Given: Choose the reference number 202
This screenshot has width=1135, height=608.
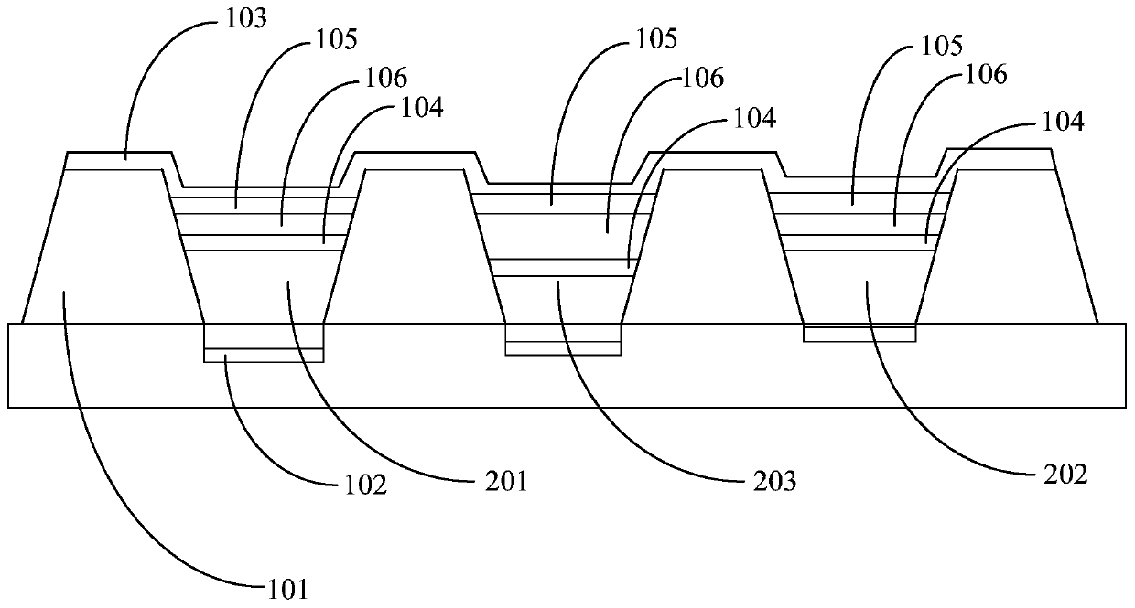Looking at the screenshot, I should point(1064,475).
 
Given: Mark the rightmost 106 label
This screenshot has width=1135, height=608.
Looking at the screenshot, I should point(984,75).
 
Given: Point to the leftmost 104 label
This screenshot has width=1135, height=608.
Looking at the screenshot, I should point(420,108).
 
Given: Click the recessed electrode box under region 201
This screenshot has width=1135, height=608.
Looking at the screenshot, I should point(264,342).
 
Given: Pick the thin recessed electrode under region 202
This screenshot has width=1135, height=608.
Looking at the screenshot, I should point(859,334).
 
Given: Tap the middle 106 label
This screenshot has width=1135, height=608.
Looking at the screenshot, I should point(701,78).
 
